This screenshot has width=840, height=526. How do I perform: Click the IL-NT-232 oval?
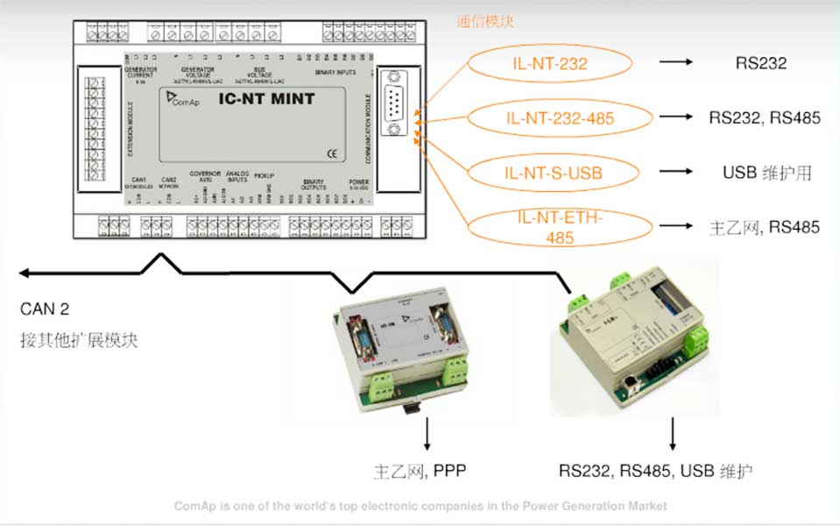[549, 63]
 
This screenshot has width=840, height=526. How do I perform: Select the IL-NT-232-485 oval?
[551, 117]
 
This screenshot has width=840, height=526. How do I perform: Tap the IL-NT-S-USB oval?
[549, 172]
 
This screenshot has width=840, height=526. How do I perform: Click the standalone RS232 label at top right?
[760, 63]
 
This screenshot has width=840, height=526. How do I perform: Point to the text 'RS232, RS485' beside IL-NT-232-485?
[764, 117]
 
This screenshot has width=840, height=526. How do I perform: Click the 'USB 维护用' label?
[766, 173]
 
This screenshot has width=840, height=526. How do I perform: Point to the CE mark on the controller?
[331, 154]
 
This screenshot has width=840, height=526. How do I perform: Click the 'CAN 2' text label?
[45, 309]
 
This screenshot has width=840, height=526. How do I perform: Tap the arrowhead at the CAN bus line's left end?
[25, 274]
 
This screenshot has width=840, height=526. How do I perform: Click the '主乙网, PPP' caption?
[420, 471]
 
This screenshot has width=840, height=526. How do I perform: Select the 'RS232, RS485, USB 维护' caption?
[656, 471]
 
